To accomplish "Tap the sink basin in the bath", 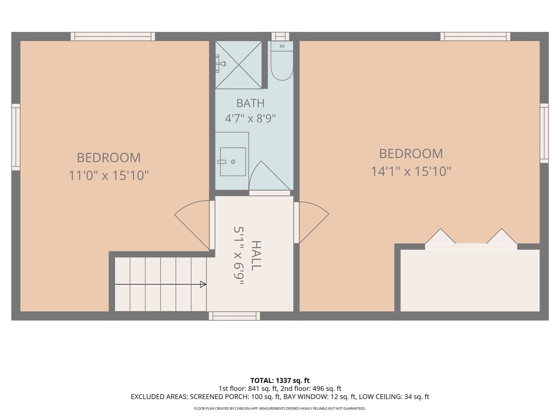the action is tap(233, 162).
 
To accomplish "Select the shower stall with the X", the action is tap(238, 65).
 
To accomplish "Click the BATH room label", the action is tap(250, 103).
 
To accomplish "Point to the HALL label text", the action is tap(256, 256).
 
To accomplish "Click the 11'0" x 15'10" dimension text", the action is tap(109, 175).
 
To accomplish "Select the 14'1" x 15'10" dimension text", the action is tap(411, 171).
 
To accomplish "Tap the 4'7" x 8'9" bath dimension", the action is tap(250, 118).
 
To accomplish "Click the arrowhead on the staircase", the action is tap(203, 284).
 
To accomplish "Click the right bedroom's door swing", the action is tap(314, 219).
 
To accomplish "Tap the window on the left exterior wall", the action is tap(16, 137).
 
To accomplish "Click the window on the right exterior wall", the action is tap(544, 133).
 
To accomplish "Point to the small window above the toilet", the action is tap(280, 36).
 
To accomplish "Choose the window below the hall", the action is tap(234, 316).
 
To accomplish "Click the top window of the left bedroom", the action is tap(113, 36).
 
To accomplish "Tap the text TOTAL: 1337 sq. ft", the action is tap(280, 380).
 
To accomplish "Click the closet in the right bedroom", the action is tap(470, 280).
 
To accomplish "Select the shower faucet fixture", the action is tap(220, 64).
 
